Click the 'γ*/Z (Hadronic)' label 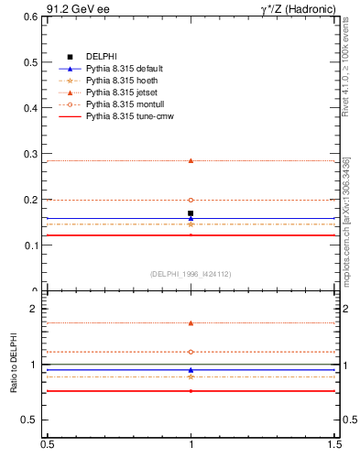click(298, 8)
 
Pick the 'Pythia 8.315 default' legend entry click(125, 69)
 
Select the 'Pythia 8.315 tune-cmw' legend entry click(129, 116)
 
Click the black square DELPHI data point click(191, 213)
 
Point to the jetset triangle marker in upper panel click(191, 160)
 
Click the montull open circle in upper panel click(191, 200)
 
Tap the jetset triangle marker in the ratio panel click(191, 322)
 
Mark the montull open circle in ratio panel click(191, 352)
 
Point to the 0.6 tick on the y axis click(29, 16)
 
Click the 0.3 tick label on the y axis click(29, 154)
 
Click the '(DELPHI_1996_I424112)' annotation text click(191, 274)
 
